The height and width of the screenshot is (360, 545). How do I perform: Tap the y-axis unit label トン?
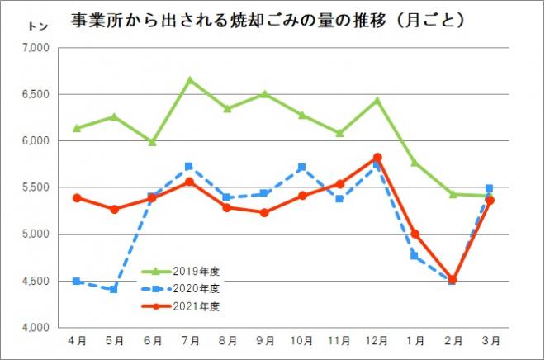[37, 27]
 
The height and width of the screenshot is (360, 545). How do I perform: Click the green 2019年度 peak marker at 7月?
[190, 80]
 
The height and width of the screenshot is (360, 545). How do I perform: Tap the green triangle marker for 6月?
[152, 142]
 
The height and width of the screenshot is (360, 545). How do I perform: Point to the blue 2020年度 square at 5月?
[115, 290]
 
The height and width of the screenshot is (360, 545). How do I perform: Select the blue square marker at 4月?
[77, 282]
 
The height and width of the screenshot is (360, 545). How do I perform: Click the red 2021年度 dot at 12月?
[377, 157]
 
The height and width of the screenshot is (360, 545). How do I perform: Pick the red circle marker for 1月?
[415, 234]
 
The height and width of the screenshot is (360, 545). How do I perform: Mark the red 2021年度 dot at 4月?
[77, 198]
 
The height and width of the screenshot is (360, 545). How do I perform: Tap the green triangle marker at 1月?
[415, 163]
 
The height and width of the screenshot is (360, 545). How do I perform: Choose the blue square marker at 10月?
[302, 167]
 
